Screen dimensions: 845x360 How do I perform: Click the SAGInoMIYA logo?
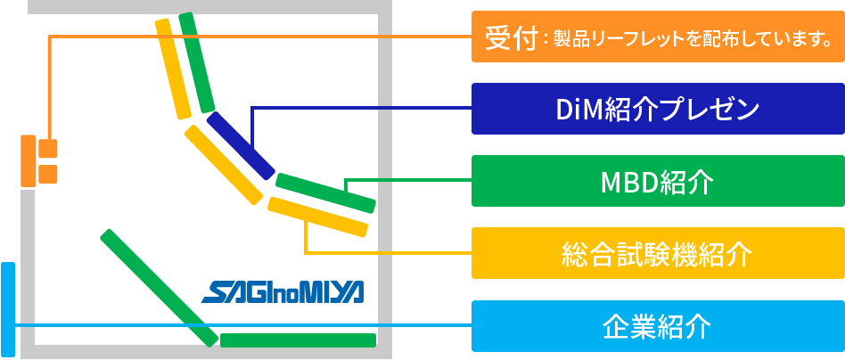pos(283,292)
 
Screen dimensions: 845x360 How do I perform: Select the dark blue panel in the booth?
pos(241,145)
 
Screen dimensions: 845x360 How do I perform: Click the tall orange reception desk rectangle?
pos(28,161)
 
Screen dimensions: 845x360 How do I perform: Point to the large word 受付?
pos(512,37)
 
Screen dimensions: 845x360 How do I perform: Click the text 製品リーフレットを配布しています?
pos(685,39)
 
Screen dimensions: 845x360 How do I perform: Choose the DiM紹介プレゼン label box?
pos(658,109)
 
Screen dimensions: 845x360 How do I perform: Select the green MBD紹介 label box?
pos(658,181)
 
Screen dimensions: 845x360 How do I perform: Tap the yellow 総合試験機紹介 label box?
pos(658,253)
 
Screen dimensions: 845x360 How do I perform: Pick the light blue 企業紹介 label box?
pos(658,326)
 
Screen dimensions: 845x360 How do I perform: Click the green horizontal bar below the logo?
pos(298,340)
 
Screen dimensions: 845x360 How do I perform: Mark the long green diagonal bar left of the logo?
pos(159,288)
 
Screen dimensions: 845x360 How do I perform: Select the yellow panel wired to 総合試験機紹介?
pos(318,217)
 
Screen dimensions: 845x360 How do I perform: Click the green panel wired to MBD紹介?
pos(325,193)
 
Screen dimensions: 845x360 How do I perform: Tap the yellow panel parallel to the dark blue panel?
pos(224,165)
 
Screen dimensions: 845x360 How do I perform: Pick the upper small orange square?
pos(48,149)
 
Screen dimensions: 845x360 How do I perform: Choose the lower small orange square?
pos(48,174)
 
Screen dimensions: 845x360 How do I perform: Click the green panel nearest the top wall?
pos(197,62)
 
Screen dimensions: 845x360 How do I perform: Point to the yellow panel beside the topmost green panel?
pos(173,69)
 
